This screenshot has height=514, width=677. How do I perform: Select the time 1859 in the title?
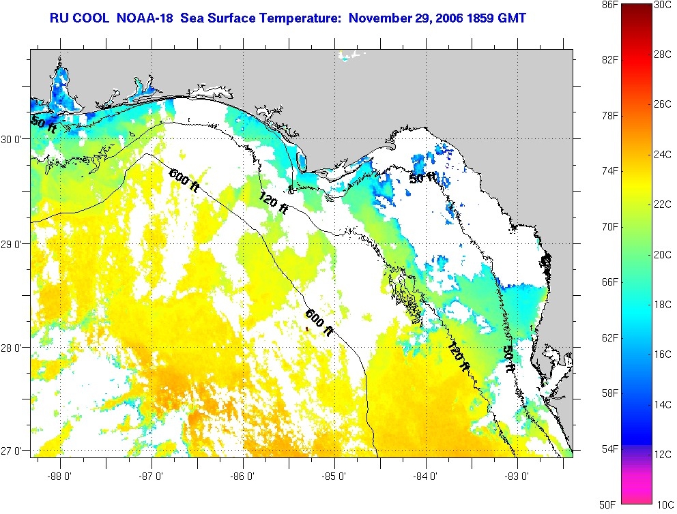[x=482, y=16]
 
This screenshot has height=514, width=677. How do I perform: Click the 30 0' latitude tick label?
[x=13, y=139]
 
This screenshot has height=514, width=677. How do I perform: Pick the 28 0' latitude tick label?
[x=13, y=348]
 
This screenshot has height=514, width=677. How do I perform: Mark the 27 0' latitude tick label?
[x=13, y=451]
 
